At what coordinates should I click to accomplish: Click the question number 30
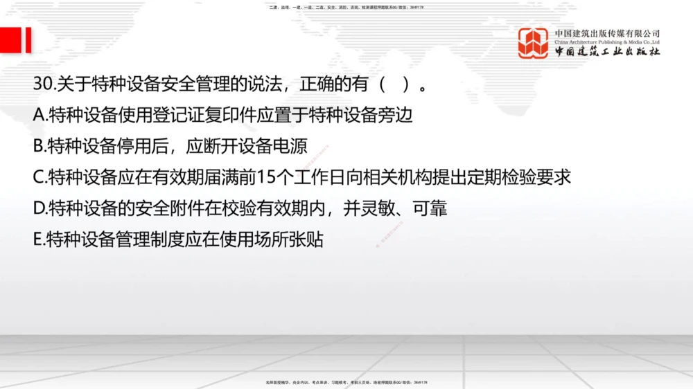43,85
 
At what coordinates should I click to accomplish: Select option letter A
39,116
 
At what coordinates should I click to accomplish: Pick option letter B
39,146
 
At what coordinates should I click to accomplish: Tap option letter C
39,177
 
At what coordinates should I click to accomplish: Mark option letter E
38,239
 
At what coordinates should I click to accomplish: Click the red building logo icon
533,43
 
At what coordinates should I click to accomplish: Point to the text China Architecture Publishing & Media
607,42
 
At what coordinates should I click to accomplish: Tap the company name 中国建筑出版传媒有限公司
607,33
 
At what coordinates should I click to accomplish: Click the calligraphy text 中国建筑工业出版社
607,53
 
